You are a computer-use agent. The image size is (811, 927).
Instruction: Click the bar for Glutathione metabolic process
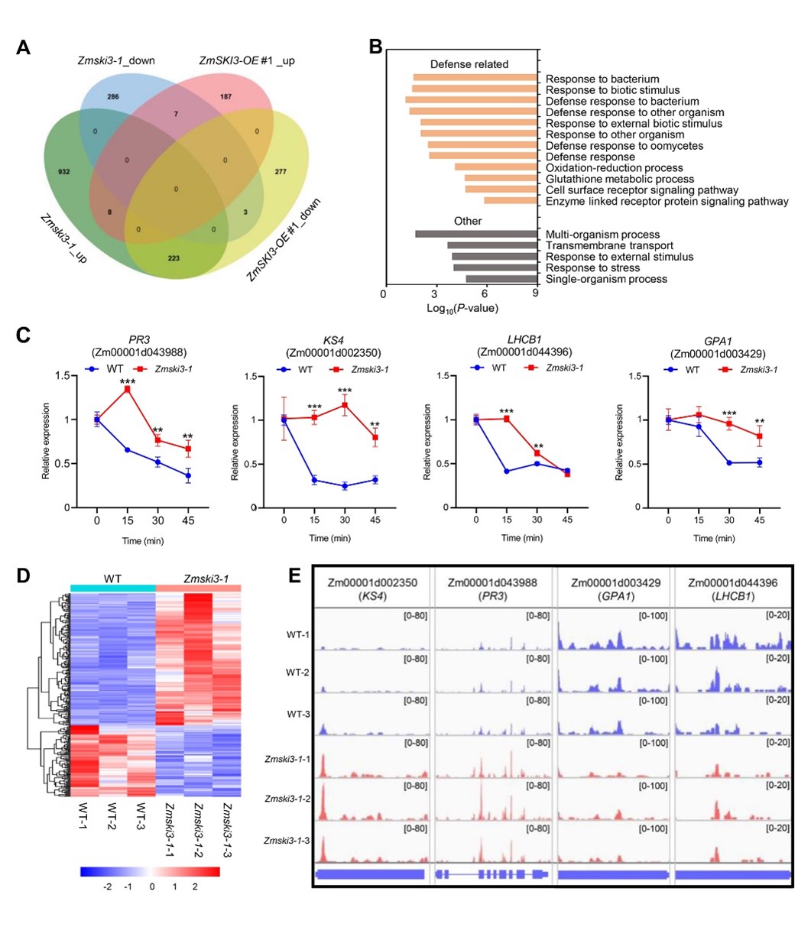(501, 178)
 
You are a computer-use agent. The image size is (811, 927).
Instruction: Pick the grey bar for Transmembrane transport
(491, 245)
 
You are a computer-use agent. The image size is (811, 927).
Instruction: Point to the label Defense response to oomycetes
(624, 146)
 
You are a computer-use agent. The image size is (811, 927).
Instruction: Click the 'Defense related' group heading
(469, 64)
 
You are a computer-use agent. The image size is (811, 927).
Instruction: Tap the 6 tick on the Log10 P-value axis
(485, 293)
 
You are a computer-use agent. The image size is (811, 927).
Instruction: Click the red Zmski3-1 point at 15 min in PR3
(127, 389)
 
